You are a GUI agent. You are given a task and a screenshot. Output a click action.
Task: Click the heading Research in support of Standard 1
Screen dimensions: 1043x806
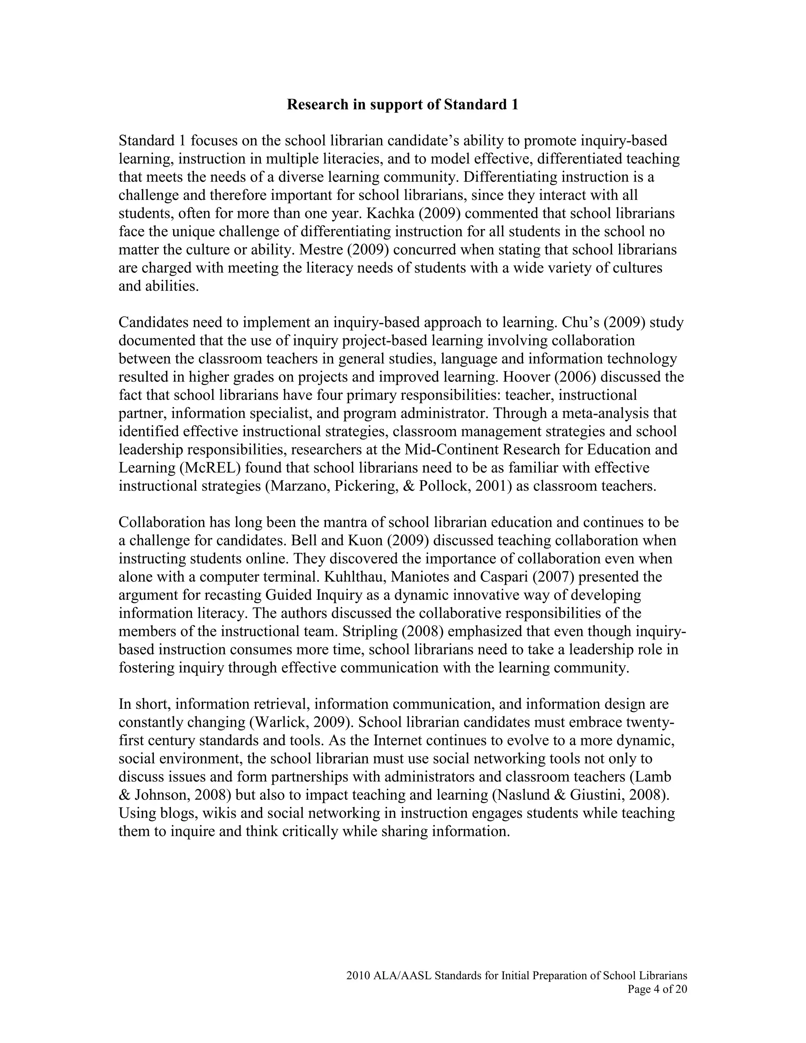pos(402,105)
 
